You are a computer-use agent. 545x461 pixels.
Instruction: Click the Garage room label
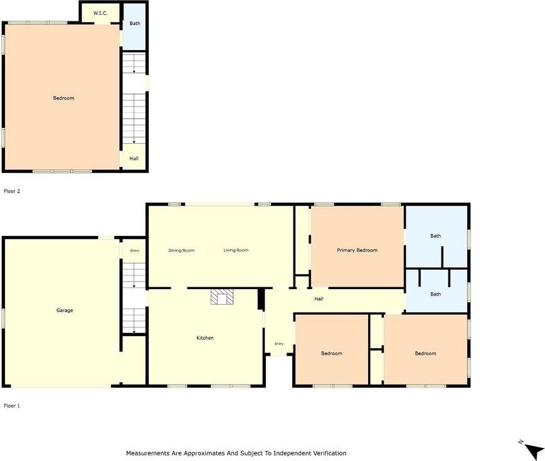65,310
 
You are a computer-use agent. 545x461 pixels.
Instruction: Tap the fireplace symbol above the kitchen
221,297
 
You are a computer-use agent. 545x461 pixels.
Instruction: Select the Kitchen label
205,338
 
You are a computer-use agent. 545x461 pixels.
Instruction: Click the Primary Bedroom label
357,250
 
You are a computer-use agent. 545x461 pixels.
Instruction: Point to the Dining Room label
181,250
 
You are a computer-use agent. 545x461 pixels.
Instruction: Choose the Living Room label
236,250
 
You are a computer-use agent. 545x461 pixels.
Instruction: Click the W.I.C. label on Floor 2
100,13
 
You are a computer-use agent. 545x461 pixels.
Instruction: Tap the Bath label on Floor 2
135,23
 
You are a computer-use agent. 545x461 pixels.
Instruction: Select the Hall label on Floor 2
134,159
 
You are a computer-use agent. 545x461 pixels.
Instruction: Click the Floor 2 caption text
12,191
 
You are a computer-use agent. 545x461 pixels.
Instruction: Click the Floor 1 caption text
12,406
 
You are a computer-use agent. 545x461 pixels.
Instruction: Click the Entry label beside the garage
134,251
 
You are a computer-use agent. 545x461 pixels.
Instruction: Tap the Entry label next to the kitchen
278,344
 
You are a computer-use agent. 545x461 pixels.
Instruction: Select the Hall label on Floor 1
319,299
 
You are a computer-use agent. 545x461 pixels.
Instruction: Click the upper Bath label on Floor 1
435,236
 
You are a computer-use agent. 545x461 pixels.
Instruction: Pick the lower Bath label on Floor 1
435,294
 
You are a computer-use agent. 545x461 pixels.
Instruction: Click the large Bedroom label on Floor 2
63,98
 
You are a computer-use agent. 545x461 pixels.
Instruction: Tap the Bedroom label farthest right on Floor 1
425,353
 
